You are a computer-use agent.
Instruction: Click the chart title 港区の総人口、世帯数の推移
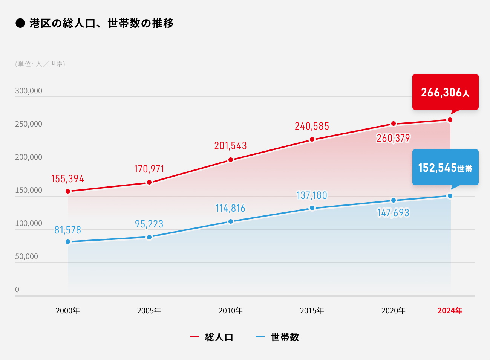(x=101, y=23)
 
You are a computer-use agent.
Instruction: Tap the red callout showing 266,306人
(x=445, y=92)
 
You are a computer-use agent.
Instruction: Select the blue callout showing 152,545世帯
(x=445, y=167)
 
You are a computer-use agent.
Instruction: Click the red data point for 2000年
(x=68, y=191)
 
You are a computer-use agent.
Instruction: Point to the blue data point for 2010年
(x=231, y=221)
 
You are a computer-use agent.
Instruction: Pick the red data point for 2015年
(x=312, y=140)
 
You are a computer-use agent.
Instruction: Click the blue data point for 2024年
(x=450, y=196)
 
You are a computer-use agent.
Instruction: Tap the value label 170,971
(x=149, y=169)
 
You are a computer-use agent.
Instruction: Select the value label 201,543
(x=230, y=146)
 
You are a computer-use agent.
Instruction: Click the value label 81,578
(x=68, y=230)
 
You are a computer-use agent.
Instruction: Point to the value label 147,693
(x=393, y=213)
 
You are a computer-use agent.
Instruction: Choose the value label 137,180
(x=312, y=195)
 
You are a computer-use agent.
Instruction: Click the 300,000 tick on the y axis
(x=29, y=91)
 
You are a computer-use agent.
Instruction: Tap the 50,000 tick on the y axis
(x=26, y=256)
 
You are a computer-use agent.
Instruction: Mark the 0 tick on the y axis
(x=17, y=290)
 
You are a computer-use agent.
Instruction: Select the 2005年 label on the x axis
(x=149, y=311)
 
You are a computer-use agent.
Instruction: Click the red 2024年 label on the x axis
(x=450, y=311)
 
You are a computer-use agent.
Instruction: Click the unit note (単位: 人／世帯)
(x=40, y=64)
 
